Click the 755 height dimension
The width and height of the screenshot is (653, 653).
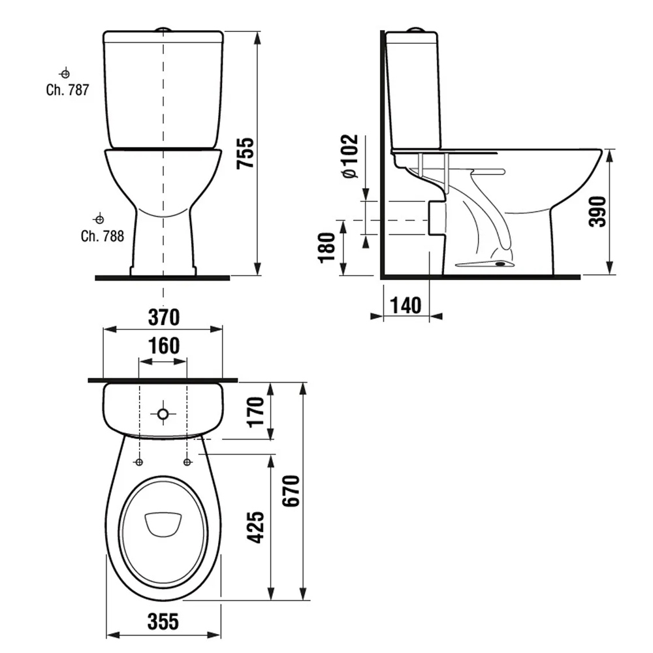[x=246, y=153]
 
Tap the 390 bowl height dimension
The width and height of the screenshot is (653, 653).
[x=597, y=212]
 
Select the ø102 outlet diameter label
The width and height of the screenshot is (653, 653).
[x=350, y=156]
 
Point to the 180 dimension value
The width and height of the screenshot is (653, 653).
[x=327, y=247]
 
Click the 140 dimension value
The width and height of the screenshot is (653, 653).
[x=406, y=305]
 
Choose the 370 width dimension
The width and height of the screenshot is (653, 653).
[x=164, y=317]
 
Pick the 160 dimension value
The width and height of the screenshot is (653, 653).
[x=164, y=345]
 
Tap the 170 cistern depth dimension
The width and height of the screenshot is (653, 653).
[x=256, y=412]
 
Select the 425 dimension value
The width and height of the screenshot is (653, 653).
[x=256, y=527]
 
